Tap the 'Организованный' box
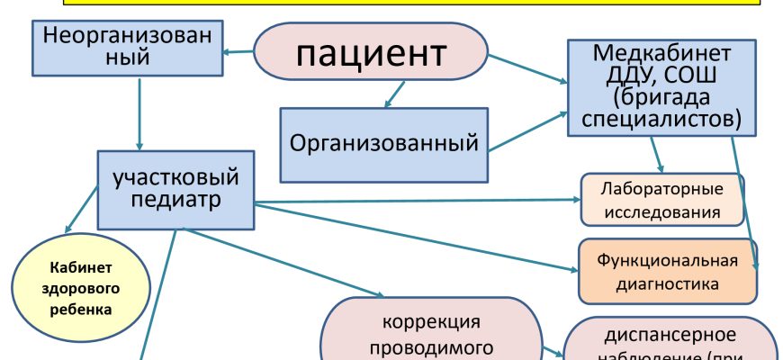[x=383, y=143]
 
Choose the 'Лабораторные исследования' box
[x=661, y=201]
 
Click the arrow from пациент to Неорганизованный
[x=239, y=50]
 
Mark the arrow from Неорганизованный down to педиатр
[x=139, y=112]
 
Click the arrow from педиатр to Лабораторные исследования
[x=414, y=198]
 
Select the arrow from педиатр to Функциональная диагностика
[x=414, y=237]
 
